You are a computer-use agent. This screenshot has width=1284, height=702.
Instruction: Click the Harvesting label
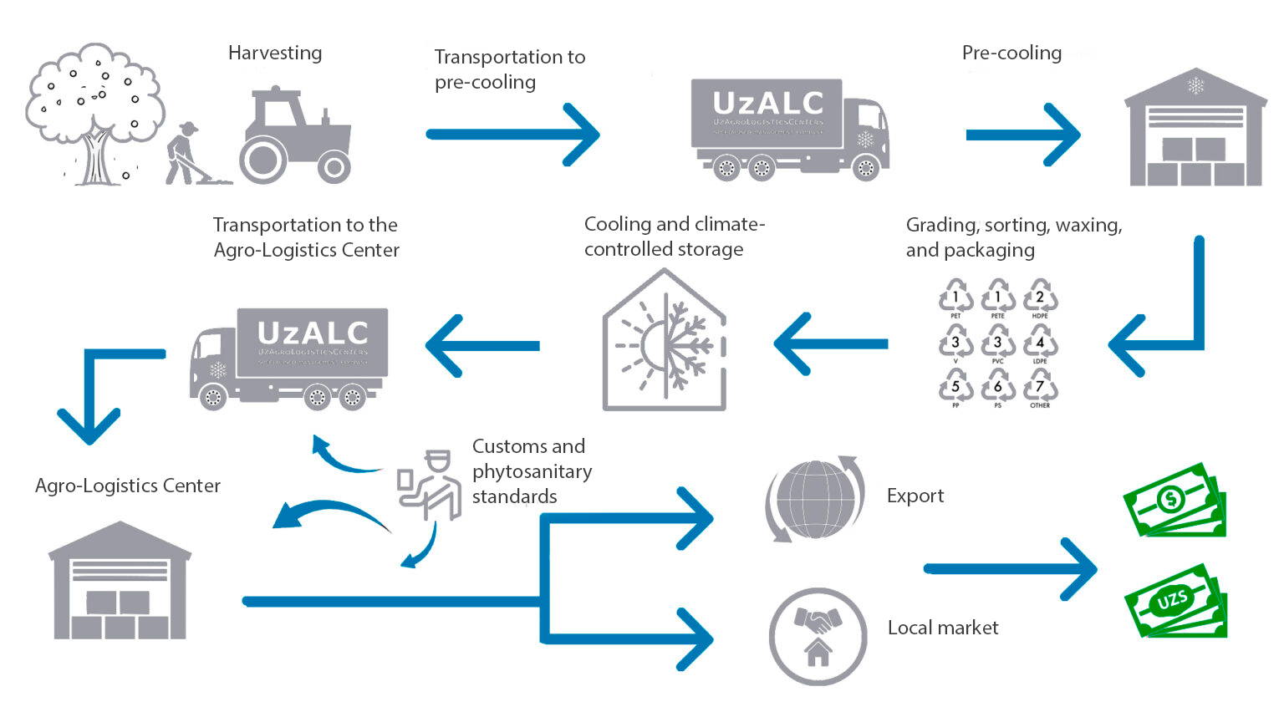[275, 53]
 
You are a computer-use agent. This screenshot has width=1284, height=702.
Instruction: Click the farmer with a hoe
[186, 154]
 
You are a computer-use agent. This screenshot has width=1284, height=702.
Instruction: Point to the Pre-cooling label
[1011, 53]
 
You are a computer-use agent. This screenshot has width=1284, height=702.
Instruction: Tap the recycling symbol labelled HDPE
[1040, 298]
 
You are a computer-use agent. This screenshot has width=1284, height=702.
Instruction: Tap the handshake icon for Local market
[818, 635]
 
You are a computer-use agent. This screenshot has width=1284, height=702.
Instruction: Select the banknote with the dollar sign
[1174, 500]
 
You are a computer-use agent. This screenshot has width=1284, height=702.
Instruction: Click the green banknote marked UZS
[1174, 600]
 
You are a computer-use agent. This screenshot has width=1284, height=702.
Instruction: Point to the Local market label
[943, 628]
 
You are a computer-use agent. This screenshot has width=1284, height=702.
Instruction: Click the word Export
[915, 496]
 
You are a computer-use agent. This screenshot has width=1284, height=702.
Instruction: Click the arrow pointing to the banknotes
[1011, 568]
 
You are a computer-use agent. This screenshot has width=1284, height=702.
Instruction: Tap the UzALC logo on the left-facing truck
[313, 333]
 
